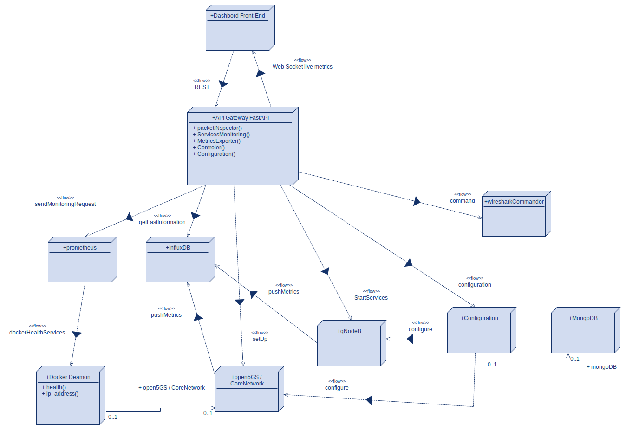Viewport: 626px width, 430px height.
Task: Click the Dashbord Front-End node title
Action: pos(237,16)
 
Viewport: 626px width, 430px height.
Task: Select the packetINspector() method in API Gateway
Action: pos(217,128)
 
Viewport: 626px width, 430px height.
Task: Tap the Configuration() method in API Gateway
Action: pos(214,154)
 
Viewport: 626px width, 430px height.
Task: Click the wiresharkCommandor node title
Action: pos(514,202)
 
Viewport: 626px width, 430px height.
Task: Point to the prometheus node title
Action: pos(80,248)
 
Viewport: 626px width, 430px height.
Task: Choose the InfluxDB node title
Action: pos(178,248)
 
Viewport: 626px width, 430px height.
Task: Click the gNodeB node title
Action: pos(349,331)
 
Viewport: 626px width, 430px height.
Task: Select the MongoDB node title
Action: pos(583,318)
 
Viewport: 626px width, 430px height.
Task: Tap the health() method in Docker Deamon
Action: pos(54,387)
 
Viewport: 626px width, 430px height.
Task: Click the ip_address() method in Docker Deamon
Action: pos(60,394)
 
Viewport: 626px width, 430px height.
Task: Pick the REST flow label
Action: pos(202,87)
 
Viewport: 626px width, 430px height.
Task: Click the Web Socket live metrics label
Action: pos(302,67)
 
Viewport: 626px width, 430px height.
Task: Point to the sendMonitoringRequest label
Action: pos(65,204)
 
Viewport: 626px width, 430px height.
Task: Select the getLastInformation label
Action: pos(162,222)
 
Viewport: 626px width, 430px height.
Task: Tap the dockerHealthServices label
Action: pos(37,333)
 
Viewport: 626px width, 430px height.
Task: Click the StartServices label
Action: pos(371,298)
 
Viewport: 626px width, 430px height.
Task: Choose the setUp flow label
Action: pos(260,339)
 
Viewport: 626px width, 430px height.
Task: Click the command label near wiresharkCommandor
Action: pos(462,201)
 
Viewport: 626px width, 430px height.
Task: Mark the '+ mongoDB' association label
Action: pos(601,367)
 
